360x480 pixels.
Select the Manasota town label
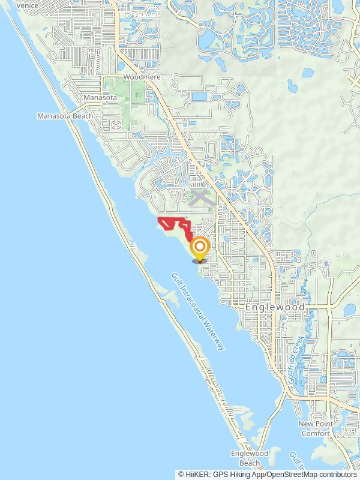100,97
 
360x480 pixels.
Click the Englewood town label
275,307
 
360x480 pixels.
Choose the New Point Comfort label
315,428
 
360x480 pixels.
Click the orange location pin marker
200,248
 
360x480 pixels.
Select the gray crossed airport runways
200,197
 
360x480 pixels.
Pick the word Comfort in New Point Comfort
315,433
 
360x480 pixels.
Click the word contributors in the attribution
335,475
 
